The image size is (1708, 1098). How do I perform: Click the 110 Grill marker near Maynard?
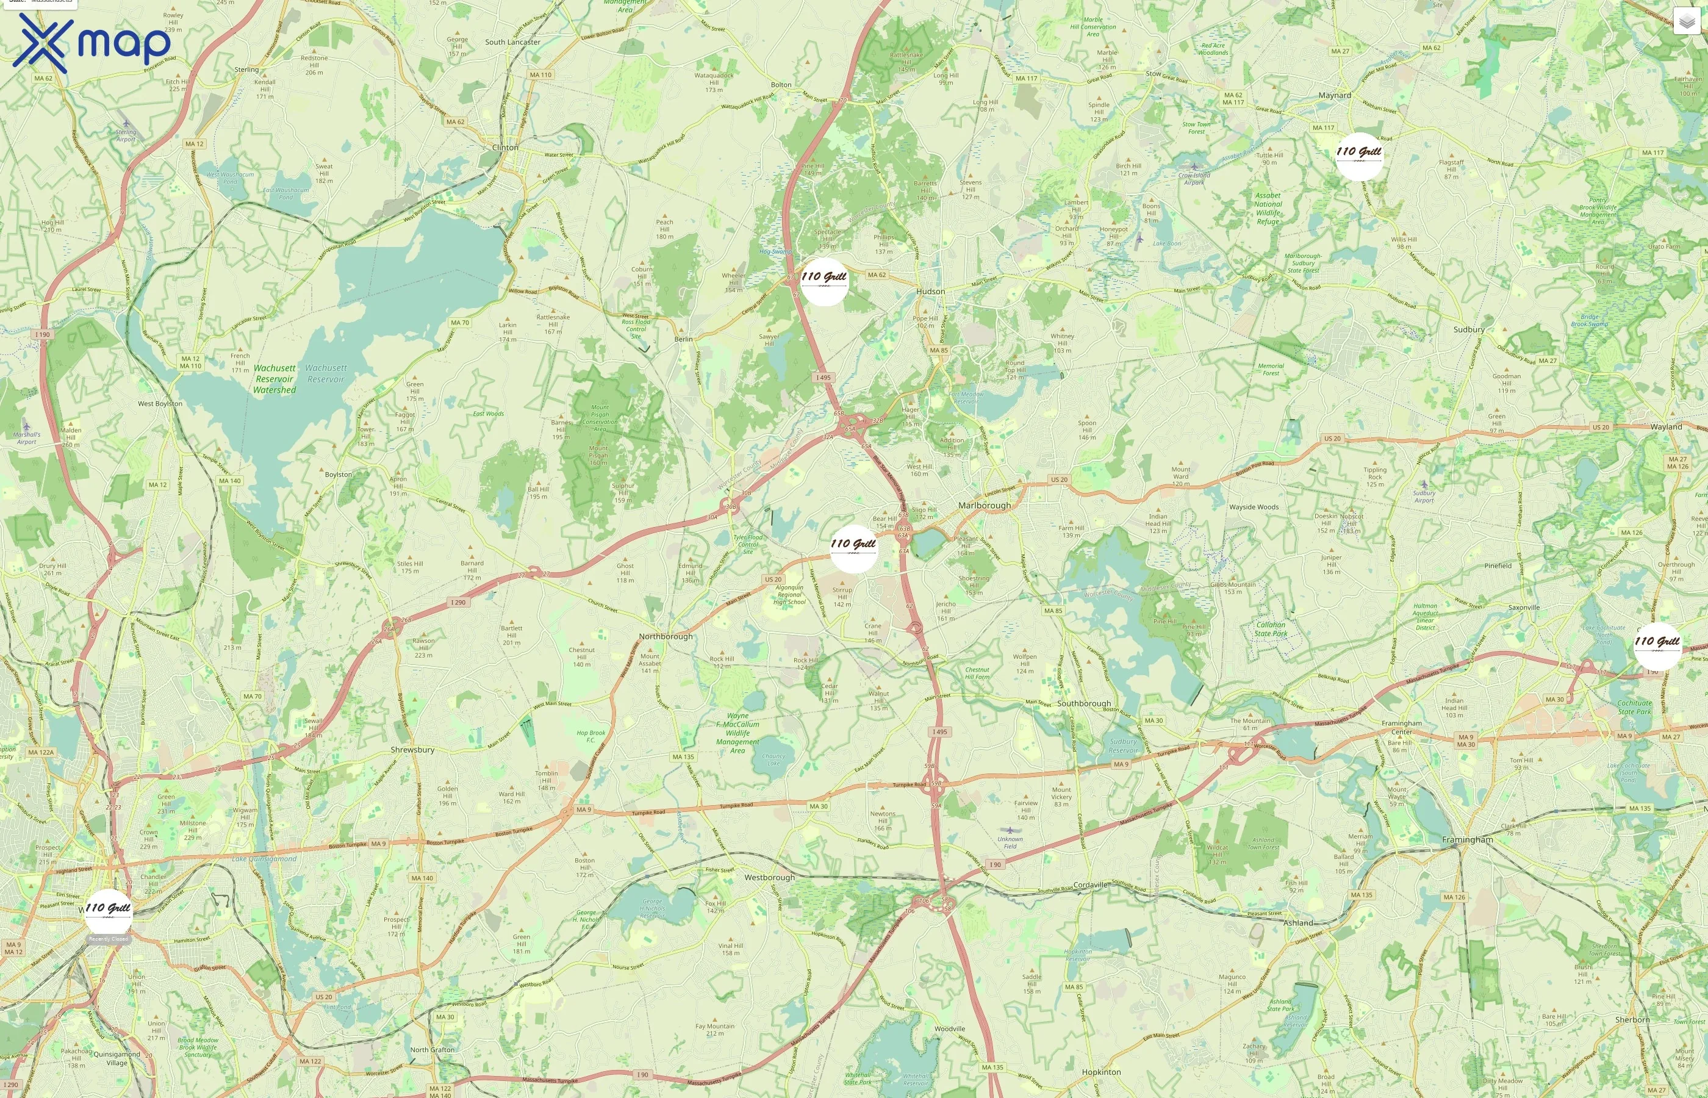coord(1358,156)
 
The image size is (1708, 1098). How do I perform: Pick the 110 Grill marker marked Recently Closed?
coord(109,912)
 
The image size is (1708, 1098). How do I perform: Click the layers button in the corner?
coord(1687,21)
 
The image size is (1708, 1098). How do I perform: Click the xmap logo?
coord(92,43)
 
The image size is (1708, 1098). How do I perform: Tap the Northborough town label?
coord(665,637)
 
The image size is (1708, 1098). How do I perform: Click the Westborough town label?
coord(769,878)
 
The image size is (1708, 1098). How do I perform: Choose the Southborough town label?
coord(1083,704)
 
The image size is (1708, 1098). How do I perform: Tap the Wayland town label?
coord(1666,427)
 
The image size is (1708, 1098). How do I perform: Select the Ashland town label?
coord(1298,922)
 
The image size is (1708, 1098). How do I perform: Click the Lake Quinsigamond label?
coord(264,859)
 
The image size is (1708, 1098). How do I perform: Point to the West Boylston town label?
coord(160,404)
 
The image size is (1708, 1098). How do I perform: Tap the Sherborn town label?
coord(1632,1021)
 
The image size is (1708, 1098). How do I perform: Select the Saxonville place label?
coord(1523,608)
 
